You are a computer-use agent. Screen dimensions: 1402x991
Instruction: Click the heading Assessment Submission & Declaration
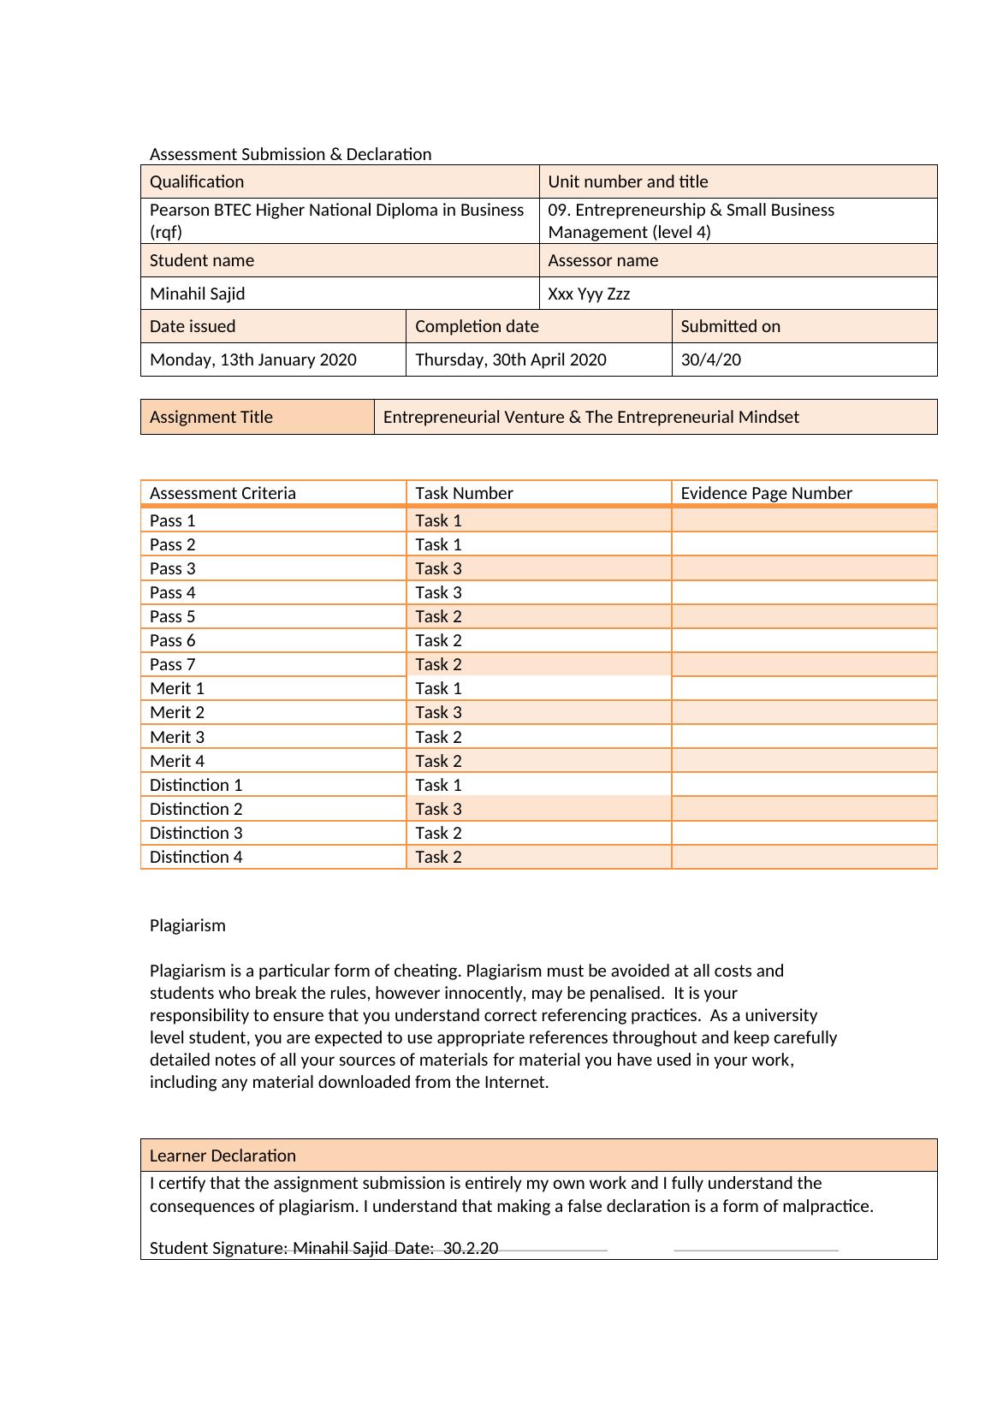coord(290,154)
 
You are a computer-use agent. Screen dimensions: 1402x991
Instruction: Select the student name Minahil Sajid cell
coord(197,294)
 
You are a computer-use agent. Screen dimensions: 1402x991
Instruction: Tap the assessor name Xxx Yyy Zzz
coord(589,294)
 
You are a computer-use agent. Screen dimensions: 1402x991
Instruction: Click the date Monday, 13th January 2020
coord(252,359)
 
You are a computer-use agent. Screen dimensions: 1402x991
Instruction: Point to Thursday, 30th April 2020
coord(510,359)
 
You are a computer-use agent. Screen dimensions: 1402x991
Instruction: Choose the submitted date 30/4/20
coord(710,359)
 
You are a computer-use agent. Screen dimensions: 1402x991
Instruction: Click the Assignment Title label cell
coord(211,417)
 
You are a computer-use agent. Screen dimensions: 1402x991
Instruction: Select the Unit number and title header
coord(627,181)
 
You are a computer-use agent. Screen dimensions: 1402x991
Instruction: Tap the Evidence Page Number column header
coord(766,493)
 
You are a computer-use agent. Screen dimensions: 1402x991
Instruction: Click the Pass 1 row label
coord(172,520)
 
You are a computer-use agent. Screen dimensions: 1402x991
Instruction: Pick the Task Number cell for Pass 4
coord(438,592)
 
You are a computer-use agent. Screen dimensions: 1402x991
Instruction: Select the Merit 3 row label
coord(176,737)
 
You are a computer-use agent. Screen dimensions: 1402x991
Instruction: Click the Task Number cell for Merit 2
coord(438,712)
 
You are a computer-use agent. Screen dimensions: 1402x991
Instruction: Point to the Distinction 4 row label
coord(195,857)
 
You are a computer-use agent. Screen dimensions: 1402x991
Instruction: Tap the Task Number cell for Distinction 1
coord(438,785)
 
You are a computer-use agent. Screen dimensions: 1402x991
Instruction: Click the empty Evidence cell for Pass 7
coord(804,664)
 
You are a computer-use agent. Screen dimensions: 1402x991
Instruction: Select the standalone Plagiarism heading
coord(187,925)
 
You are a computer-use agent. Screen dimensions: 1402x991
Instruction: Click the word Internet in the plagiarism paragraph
coord(514,1082)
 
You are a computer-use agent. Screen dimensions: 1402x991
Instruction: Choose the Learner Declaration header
coord(223,1155)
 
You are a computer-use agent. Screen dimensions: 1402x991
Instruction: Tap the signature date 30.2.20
coord(471,1248)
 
